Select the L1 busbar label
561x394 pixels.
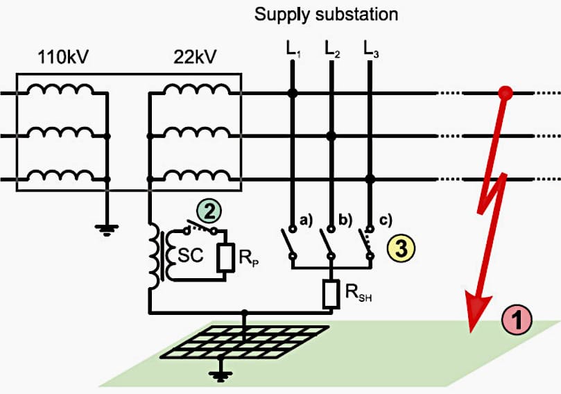[293, 49]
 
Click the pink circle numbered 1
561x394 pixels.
[516, 320]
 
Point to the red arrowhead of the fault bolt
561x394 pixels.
[478, 312]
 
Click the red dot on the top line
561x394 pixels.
[506, 92]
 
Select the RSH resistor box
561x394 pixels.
[331, 293]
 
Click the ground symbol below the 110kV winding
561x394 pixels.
[105, 229]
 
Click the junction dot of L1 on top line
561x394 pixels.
[293, 92]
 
